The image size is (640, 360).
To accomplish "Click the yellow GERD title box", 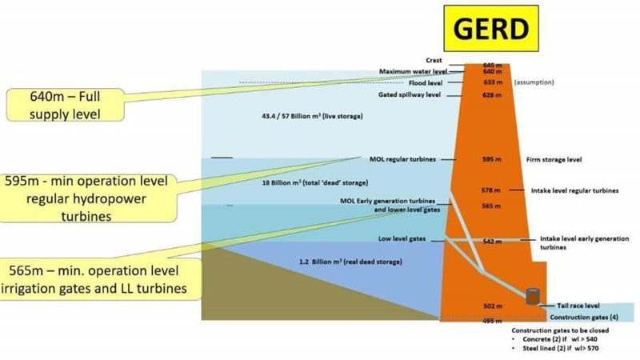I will [x=491, y=30].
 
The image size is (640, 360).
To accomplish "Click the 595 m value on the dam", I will [x=491, y=159].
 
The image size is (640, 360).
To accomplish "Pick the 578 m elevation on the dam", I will [x=491, y=190].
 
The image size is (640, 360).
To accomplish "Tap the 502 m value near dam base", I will [x=491, y=306].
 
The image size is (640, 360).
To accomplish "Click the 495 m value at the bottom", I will [x=491, y=320].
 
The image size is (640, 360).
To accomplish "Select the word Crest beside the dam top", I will [x=456, y=61].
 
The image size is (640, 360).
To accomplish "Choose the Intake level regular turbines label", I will [x=574, y=190].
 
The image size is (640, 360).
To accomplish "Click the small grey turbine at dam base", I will [x=532, y=296].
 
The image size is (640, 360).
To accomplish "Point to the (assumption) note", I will [x=533, y=82].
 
